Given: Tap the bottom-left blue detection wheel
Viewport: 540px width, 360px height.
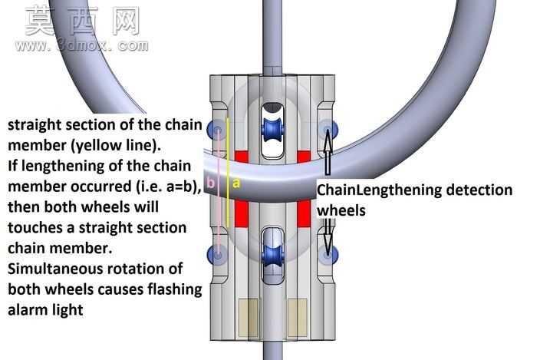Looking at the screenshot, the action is pyautogui.click(x=216, y=255).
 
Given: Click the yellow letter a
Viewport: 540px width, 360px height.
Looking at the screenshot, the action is pyautogui.click(x=236, y=183).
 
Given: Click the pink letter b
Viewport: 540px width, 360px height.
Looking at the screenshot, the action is pyautogui.click(x=210, y=183).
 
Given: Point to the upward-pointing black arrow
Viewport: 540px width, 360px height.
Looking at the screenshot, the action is pyautogui.click(x=328, y=151).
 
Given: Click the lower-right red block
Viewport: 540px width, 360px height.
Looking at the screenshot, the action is pyautogui.click(x=304, y=213).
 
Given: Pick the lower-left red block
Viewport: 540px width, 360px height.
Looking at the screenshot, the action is pyautogui.click(x=242, y=213).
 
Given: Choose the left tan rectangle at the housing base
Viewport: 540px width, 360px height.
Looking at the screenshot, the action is pyautogui.click(x=249, y=318).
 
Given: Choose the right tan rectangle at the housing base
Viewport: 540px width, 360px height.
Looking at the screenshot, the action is pyautogui.click(x=297, y=318).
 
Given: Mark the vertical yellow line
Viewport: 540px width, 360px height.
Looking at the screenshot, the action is pyautogui.click(x=228, y=172).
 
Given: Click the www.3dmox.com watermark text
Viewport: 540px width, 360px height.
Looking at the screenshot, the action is pyautogui.click(x=82, y=45).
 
